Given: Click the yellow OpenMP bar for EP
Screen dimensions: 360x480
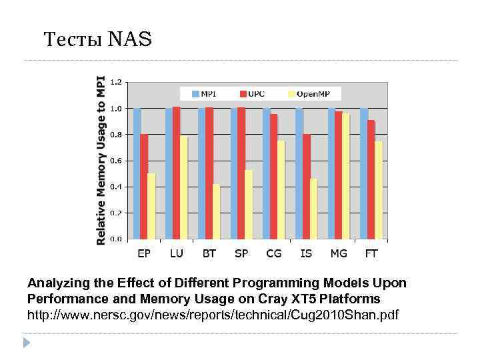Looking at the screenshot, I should [x=151, y=206].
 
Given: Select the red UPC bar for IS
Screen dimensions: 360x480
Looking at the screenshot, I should [x=306, y=187].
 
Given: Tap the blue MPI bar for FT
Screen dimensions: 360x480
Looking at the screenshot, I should [x=363, y=173].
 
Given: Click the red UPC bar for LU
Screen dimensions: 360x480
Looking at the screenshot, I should [x=177, y=173].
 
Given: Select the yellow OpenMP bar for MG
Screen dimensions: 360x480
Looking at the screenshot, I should [x=345, y=176].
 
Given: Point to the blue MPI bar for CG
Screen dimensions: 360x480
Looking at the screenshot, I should [x=267, y=173].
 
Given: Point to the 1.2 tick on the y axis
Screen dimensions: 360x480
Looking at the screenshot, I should [x=115, y=83].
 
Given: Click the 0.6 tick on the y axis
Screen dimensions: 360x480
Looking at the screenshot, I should [x=115, y=161].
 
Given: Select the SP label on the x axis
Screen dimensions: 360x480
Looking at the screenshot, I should [x=241, y=253].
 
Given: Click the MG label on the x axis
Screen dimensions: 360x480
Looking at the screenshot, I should [x=339, y=253].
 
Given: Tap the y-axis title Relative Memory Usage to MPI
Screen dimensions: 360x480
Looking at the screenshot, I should [x=101, y=160].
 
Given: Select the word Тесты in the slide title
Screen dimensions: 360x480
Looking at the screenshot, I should [x=73, y=40].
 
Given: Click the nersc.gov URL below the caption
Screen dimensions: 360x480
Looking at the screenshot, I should [x=212, y=313].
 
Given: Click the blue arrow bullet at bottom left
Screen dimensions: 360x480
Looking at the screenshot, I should [x=27, y=343].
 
